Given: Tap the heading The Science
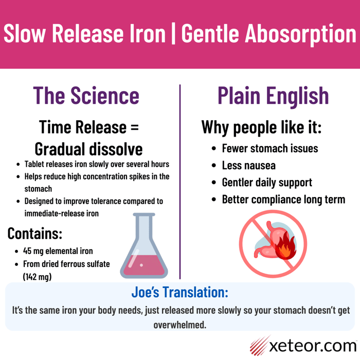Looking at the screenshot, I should tap(86, 95).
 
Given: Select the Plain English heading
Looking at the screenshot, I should tap(273, 95).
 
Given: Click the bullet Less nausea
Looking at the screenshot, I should tap(248, 165).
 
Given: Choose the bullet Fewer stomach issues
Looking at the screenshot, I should tap(269, 148).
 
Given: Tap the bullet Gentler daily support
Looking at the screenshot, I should tap(267, 182).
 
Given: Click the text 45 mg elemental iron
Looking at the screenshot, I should tap(58, 251).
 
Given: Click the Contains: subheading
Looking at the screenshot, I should tap(35, 233).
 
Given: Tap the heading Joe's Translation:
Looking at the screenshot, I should tap(179, 293).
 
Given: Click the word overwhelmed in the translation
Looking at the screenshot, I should tap(179, 325).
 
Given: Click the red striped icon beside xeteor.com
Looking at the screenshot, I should tap(260, 345).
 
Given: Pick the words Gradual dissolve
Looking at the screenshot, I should tap(88, 149).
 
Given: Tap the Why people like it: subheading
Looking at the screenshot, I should tap(261, 127).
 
